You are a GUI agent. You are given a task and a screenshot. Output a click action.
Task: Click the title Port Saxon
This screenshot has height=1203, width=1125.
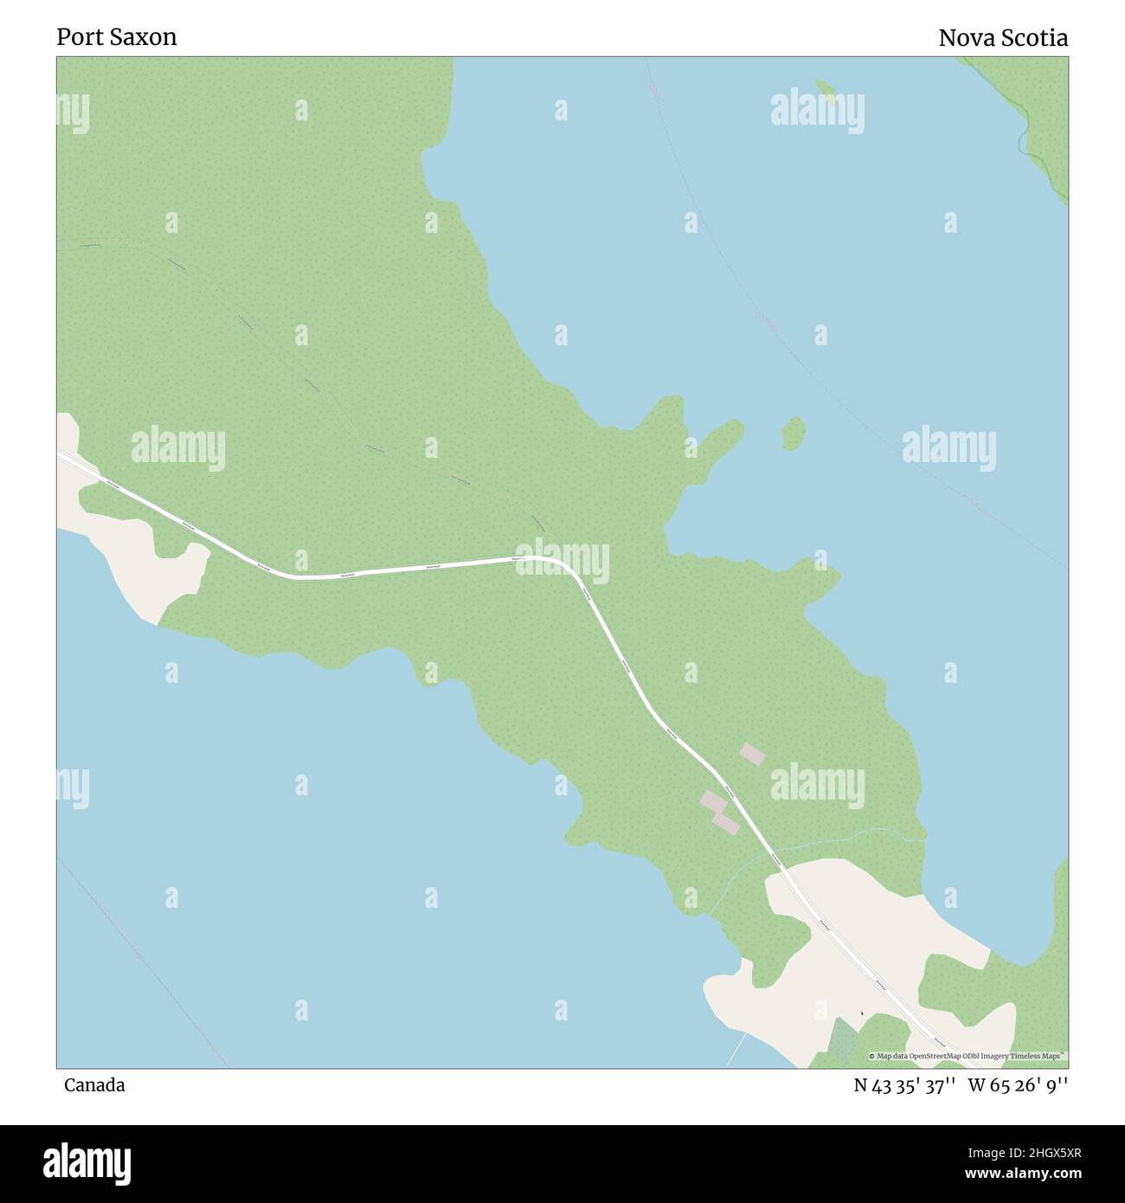(117, 37)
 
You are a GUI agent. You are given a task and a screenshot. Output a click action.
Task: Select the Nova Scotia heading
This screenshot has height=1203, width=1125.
(1003, 38)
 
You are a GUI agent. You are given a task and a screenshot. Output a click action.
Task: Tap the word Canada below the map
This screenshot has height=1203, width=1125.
(93, 1085)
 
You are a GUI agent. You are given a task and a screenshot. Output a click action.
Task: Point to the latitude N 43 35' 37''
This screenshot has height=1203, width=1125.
(904, 1085)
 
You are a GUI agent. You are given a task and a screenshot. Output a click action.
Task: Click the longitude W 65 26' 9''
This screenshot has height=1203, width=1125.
(1018, 1085)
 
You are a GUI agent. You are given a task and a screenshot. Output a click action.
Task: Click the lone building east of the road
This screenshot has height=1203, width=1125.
(752, 755)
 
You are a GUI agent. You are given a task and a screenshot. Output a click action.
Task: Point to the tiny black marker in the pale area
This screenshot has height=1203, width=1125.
(862, 1013)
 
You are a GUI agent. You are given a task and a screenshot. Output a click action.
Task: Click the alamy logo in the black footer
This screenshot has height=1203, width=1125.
(87, 1161)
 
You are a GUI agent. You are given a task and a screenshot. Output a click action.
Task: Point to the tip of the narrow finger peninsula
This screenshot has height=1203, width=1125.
(737, 425)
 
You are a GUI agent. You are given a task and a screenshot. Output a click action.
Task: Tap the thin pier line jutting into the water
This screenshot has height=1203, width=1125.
(736, 1050)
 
